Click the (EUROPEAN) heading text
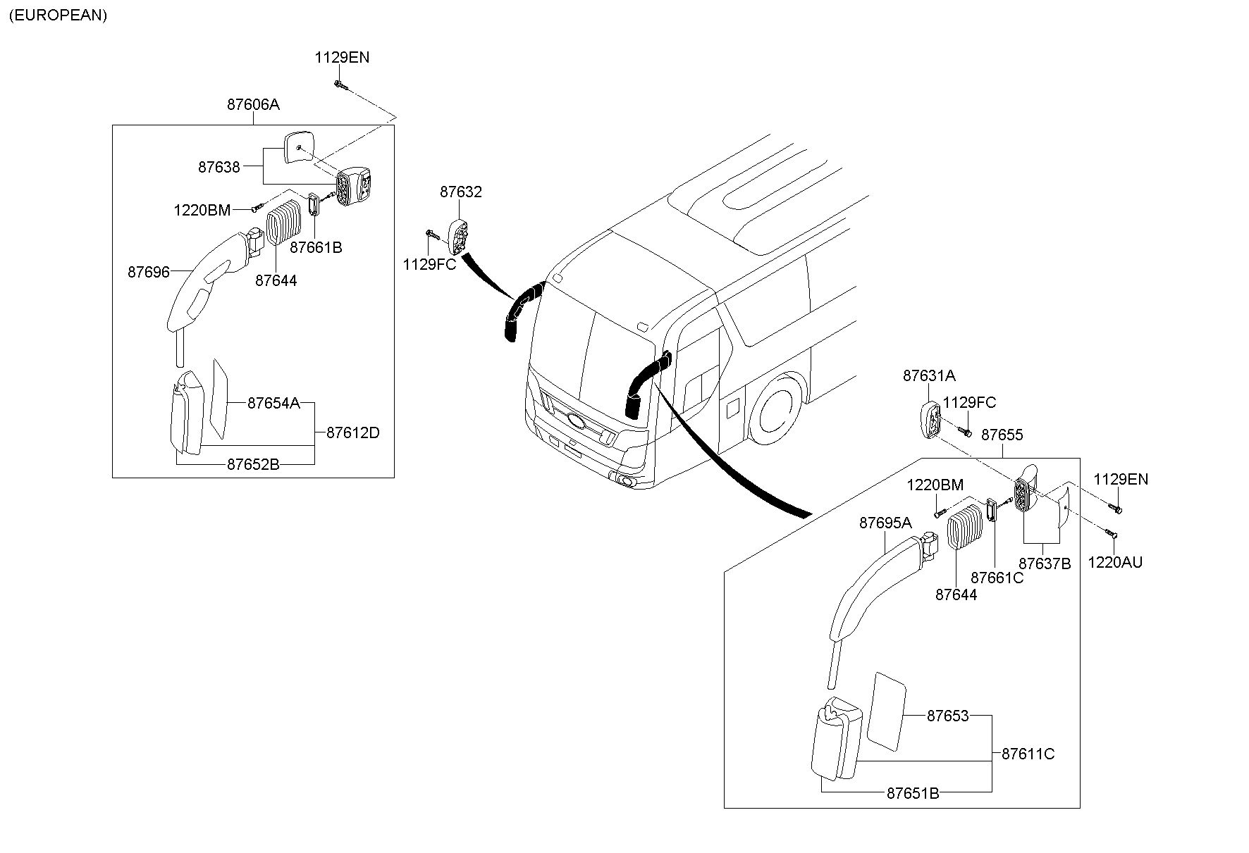click(57, 15)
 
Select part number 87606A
click(253, 104)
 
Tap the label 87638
click(219, 167)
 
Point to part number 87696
click(149, 271)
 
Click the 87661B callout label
click(316, 247)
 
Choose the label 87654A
click(273, 403)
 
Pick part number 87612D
click(352, 432)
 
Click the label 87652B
click(253, 464)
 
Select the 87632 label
click(461, 192)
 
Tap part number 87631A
click(929, 376)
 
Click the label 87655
click(1002, 435)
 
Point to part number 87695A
click(885, 523)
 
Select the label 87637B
click(1045, 564)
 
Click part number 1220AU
click(1115, 562)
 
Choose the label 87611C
click(1028, 754)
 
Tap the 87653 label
click(948, 716)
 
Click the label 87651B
click(913, 792)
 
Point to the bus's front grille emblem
click(576, 421)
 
